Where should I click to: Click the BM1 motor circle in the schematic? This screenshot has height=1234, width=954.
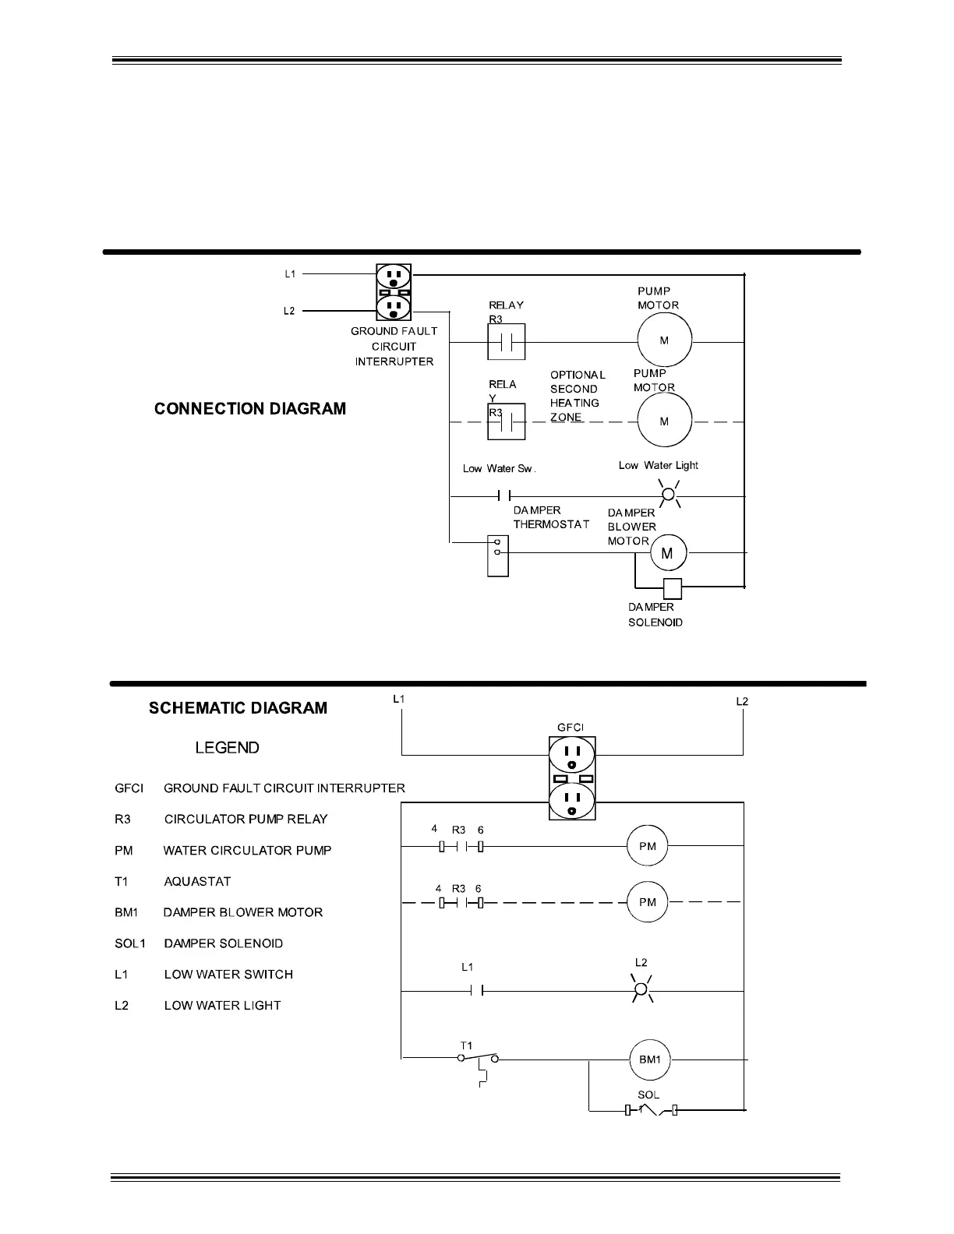click(x=650, y=1059)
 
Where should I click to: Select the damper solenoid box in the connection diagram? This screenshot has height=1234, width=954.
click(x=672, y=589)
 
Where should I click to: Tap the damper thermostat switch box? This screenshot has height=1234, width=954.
click(x=497, y=555)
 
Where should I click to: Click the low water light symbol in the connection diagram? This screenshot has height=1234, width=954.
click(x=668, y=495)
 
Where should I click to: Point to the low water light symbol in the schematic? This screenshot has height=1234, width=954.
click(x=641, y=990)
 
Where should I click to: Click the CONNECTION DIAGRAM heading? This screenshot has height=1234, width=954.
click(x=250, y=409)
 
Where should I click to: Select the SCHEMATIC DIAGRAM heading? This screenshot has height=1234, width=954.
click(x=238, y=708)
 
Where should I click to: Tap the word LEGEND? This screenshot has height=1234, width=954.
click(x=227, y=748)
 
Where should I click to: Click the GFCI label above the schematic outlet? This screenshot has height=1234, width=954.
click(x=571, y=728)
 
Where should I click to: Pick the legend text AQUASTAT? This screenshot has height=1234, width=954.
click(x=197, y=881)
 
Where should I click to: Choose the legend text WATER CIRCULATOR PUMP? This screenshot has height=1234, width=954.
click(x=247, y=850)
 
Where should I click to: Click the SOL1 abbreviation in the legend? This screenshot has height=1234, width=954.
click(x=129, y=943)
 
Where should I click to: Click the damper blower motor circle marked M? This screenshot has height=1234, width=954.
click(x=668, y=553)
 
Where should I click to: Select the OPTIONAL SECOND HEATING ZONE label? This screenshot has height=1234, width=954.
click(x=577, y=396)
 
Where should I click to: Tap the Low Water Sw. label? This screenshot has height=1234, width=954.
click(x=499, y=468)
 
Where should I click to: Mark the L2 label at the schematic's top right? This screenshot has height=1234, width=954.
click(x=742, y=701)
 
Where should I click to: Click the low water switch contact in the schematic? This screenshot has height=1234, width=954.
click(x=476, y=991)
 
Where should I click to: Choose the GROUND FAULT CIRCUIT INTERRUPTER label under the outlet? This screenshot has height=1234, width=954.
click(x=394, y=346)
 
